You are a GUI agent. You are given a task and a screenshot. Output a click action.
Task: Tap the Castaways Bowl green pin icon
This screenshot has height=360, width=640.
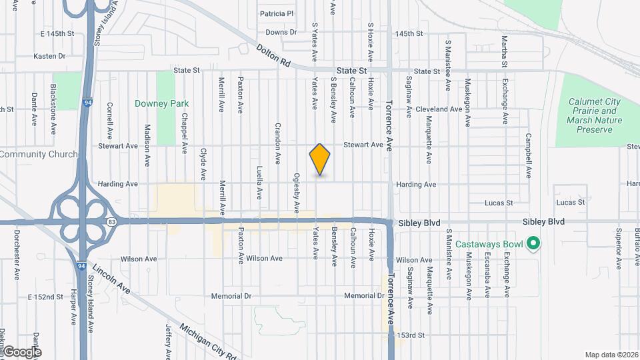tap(532, 243)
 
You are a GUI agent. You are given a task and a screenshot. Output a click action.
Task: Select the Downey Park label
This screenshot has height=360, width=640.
tap(161, 104)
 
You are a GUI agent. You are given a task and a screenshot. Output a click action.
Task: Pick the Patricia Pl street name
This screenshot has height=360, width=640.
tap(277, 13)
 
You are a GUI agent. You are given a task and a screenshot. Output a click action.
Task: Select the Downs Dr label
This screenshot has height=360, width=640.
tap(281, 32)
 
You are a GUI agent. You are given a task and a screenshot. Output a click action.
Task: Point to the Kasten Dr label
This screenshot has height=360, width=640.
tap(49, 57)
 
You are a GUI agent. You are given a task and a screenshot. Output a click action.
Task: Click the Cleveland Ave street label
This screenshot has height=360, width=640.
tap(438, 109)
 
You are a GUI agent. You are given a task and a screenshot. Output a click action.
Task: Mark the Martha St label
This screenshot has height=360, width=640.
tap(505, 52)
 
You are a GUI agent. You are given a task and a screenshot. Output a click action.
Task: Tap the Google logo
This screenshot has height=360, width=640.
tap(22, 351)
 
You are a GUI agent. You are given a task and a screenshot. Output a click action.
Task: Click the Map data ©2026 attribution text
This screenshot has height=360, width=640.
tap(610, 355)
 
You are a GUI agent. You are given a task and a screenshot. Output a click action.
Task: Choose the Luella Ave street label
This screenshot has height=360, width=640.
tap(259, 183)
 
